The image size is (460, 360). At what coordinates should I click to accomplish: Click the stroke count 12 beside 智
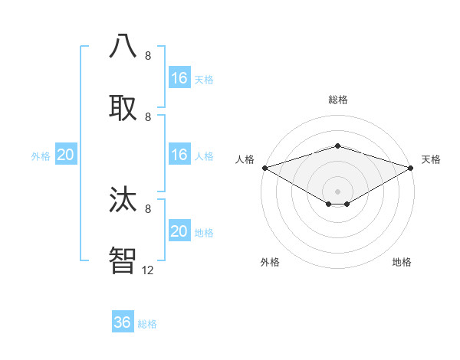[148, 270]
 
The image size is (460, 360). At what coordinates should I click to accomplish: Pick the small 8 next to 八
[148, 56]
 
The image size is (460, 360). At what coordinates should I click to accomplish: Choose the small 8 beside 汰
[148, 208]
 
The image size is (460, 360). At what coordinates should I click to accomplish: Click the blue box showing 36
[123, 322]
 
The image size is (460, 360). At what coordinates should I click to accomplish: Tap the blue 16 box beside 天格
[179, 77]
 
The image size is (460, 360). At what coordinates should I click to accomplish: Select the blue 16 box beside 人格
[179, 154]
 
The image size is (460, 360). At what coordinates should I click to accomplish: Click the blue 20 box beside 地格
[179, 231]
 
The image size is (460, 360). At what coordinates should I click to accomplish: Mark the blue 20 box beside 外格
[65, 154]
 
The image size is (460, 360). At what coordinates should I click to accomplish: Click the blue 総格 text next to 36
[147, 324]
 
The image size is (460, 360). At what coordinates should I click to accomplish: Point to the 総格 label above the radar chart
[337, 100]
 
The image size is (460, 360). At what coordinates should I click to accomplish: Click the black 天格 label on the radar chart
[431, 159]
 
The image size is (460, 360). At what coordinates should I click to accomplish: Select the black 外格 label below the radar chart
[270, 262]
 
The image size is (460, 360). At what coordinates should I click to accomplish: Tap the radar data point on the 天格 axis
[412, 168]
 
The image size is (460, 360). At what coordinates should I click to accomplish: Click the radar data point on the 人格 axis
[264, 168]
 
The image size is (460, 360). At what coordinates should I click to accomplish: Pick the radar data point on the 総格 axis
[337, 146]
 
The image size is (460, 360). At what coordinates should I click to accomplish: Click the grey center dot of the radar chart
[337, 191]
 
